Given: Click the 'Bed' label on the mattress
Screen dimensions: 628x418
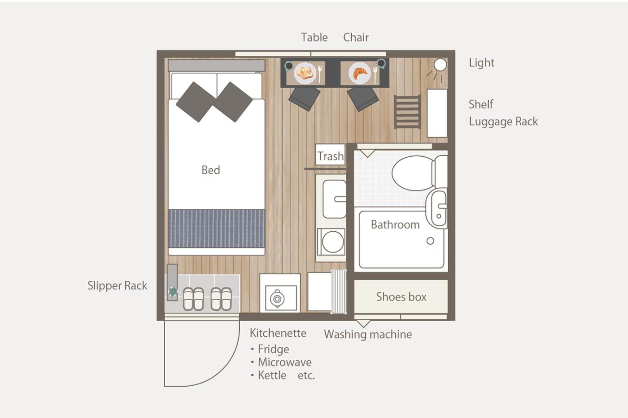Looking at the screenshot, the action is coord(210,170).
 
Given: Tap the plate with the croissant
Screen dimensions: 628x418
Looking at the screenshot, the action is coord(359,73).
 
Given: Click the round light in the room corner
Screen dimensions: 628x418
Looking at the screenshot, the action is coord(440,65).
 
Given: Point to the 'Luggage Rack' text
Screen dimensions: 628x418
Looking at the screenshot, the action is coord(503,121).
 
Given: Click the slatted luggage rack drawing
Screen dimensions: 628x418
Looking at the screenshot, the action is coord(407,112).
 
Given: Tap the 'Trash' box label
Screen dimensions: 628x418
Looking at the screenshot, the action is coord(330,156).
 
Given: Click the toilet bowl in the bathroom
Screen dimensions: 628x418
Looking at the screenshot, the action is coord(413,173).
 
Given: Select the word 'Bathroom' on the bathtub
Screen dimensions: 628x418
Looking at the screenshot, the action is coord(395,224).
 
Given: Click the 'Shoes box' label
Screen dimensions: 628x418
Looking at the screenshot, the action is coord(401,297).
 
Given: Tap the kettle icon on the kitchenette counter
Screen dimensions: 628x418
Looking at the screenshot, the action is coord(277,299).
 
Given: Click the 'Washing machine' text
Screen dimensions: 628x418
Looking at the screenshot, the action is coord(368,334).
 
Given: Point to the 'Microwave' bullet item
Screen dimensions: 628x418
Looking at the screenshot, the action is coord(284,362).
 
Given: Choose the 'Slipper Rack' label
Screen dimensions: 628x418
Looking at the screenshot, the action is coord(117,285).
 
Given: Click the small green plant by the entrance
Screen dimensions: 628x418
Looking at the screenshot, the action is coord(173,292).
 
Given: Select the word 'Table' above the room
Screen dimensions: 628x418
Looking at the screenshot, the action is coord(314,37).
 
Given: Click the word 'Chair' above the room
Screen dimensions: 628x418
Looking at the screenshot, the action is coord(356,37).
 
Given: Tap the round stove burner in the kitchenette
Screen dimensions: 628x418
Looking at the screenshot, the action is coord(333,241).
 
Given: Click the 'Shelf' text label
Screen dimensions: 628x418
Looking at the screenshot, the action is coord(481,104).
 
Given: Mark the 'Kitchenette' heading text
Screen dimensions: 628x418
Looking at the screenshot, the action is coord(278,333).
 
